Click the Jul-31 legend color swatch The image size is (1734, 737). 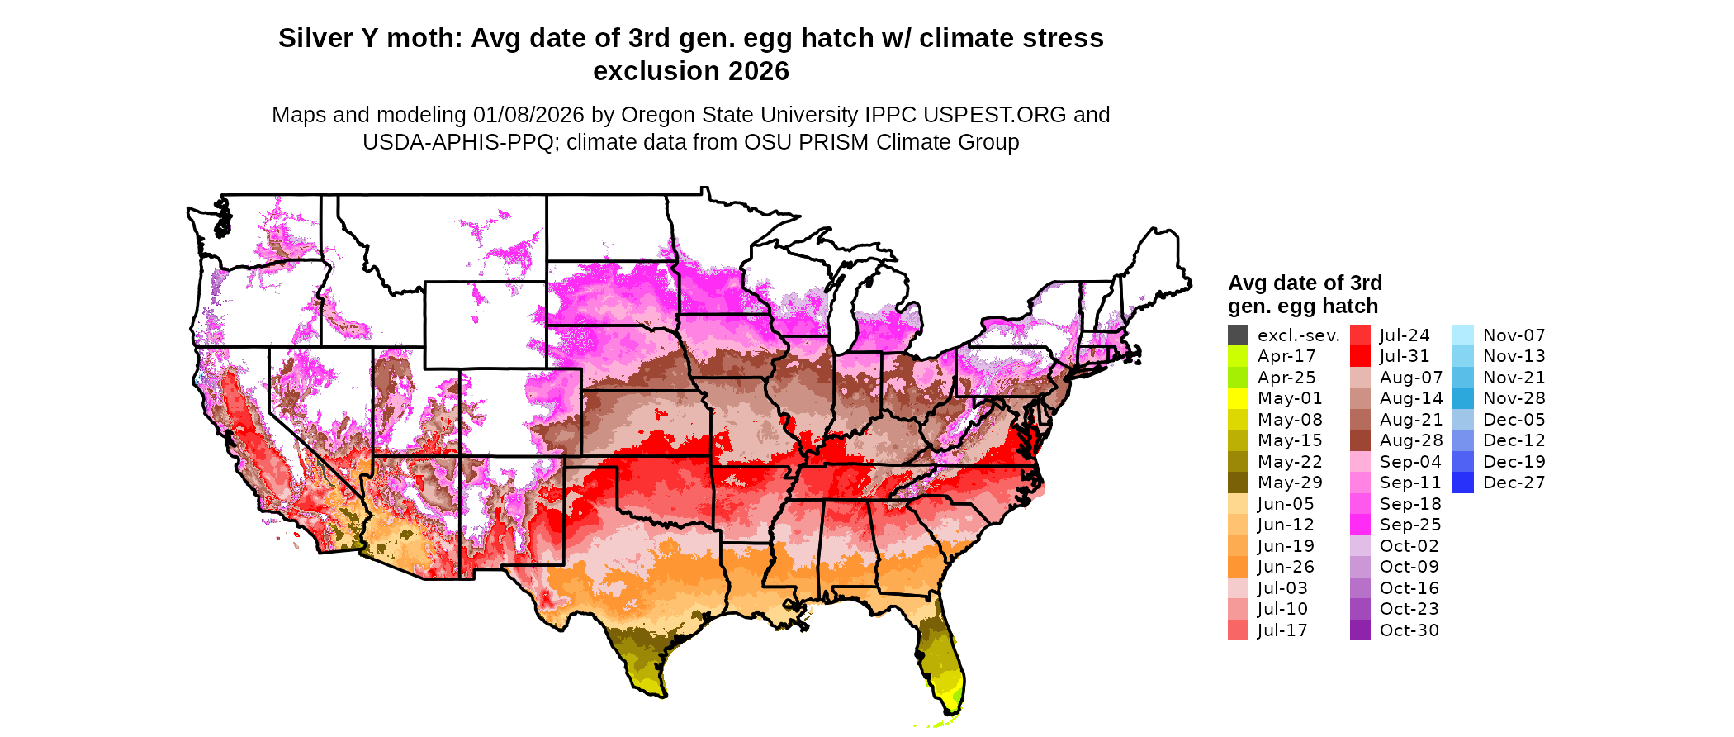tap(1360, 356)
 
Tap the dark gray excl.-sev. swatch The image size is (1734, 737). tap(1238, 335)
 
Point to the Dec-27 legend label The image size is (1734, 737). tap(1514, 483)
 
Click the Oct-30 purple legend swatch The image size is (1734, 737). tap(1360, 630)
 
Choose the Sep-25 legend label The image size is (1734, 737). tap(1409, 525)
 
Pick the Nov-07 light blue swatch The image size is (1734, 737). tap(1462, 335)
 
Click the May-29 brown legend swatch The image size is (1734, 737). tap(1238, 483)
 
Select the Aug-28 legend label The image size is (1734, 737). tap(1410, 440)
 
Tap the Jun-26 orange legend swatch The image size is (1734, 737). tap(1238, 567)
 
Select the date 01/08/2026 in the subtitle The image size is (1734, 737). tap(528, 115)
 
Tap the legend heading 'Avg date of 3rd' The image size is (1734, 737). tap(1305, 283)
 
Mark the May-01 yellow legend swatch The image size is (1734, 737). tap(1238, 398)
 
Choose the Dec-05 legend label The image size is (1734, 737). tap(1514, 420)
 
